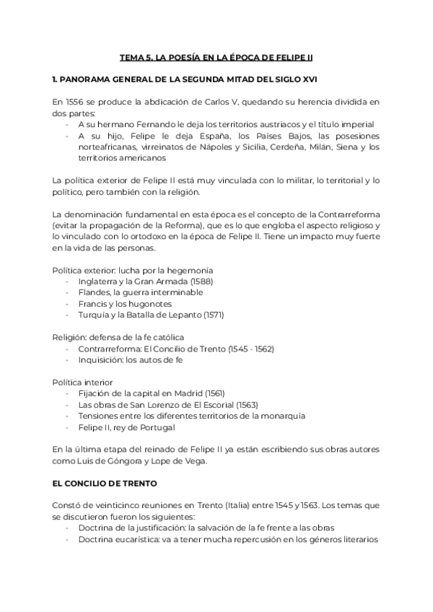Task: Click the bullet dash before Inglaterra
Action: pyautogui.click(x=68, y=281)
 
